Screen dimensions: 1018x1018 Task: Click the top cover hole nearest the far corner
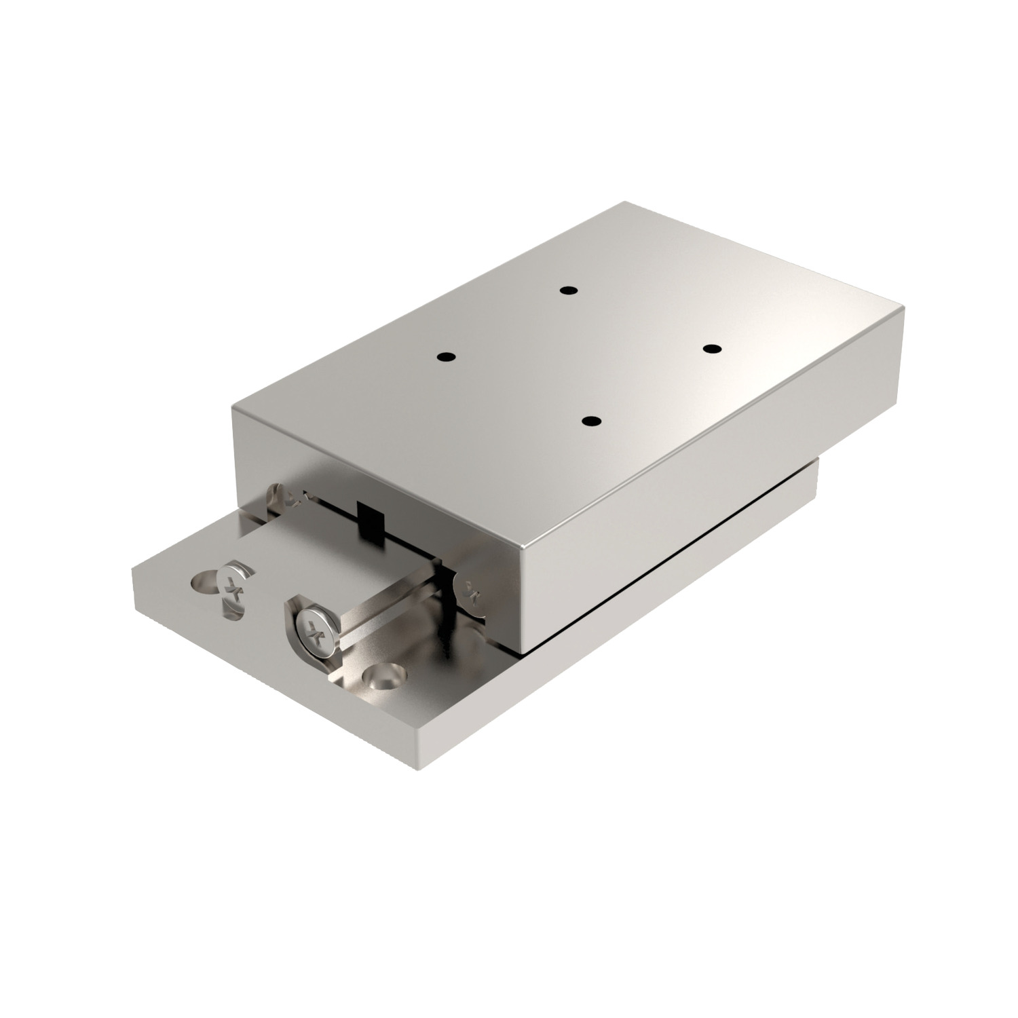coord(569,290)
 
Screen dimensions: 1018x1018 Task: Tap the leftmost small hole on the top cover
coord(445,357)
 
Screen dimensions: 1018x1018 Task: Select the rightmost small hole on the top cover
coord(711,349)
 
